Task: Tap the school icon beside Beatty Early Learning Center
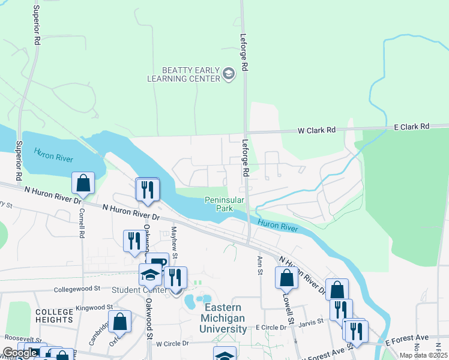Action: (x=228, y=74)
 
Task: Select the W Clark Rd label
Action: (x=319, y=130)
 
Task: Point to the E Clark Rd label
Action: (x=412, y=127)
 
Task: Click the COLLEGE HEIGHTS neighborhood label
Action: (x=54, y=316)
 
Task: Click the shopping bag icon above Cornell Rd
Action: (x=83, y=183)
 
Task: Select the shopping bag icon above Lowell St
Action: (x=286, y=277)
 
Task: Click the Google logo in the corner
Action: (x=20, y=353)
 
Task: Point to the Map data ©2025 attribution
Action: (x=423, y=355)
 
